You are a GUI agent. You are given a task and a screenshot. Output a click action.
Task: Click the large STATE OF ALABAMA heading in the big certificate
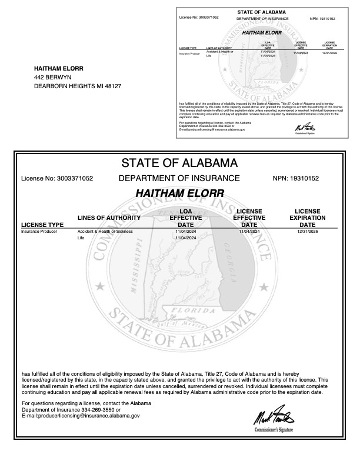pos(179,162)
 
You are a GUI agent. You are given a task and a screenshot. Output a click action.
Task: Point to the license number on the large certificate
pos(57,178)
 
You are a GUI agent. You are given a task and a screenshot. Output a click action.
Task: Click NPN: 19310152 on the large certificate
pos(304,178)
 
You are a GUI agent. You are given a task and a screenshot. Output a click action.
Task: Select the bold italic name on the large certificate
pos(179,193)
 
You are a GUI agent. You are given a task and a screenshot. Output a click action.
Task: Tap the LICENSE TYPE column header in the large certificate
pos(42,225)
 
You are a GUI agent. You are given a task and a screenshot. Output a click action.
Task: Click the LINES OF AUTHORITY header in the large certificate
pos(109,218)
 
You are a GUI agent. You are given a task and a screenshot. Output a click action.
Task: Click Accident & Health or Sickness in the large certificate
pos(105,232)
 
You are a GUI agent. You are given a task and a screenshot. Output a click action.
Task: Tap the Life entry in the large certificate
pos(81,239)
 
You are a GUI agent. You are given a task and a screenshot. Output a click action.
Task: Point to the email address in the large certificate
pos(81,415)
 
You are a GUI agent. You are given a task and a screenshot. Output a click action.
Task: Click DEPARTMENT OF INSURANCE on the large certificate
pos(179,178)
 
